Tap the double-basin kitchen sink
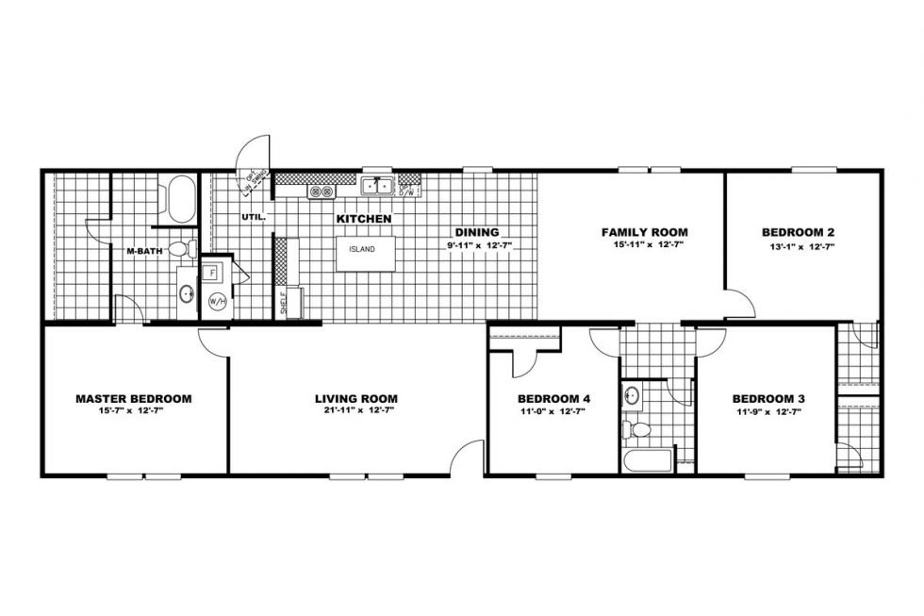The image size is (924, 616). pos(380,187)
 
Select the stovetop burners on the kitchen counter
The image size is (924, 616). pos(321,191)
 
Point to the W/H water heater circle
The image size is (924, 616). pos(218,302)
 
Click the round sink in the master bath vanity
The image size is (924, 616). pos(186,293)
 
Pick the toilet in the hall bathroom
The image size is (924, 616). pos(639,430)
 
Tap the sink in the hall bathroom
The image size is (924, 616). pos(632,393)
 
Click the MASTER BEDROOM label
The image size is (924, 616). pos(133,399)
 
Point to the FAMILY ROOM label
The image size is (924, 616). pos(644,232)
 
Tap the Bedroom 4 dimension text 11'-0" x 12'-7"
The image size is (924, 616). pos(535,411)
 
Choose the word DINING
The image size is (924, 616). pos(476,232)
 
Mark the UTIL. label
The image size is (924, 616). pos(254,217)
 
